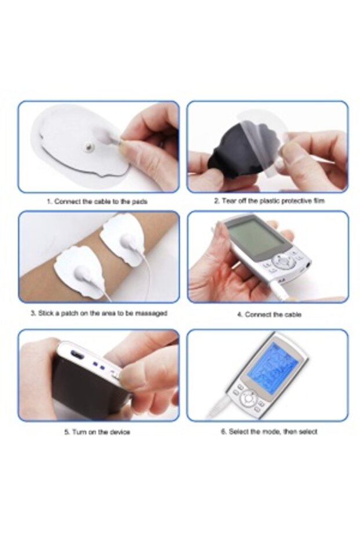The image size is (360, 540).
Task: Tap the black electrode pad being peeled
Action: click(232, 150)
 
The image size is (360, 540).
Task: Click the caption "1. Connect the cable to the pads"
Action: click(97, 201)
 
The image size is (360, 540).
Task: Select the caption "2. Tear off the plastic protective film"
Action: click(269, 201)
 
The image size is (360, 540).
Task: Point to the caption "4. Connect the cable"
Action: click(268, 314)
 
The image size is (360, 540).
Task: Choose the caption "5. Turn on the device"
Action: click(97, 432)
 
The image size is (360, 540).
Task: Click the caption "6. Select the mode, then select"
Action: click(268, 432)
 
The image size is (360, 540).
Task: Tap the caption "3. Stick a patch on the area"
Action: click(99, 313)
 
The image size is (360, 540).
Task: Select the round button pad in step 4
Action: click(283, 261)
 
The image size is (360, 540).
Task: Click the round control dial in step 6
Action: click(248, 399)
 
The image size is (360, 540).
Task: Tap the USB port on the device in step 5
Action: click(77, 355)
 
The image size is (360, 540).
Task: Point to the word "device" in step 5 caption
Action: click(119, 432)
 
